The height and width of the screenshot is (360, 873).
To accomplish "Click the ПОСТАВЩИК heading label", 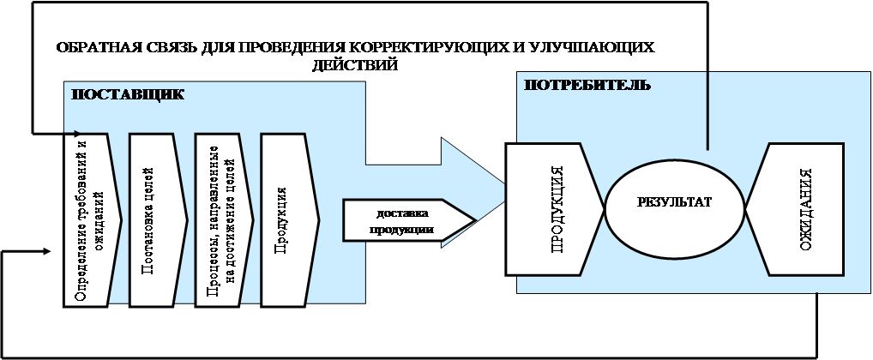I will coord(126,93).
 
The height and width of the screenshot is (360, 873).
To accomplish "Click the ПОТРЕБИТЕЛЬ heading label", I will coord(587,85).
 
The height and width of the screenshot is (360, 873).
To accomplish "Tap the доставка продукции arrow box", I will coord(402,221).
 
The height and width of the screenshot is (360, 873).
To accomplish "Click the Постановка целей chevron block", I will coord(154,219).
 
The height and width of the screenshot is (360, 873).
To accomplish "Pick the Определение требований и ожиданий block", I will coord(89,219).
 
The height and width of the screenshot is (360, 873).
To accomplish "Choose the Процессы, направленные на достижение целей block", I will coord(220,219).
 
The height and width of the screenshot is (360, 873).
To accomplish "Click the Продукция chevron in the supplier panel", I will coord(286,219).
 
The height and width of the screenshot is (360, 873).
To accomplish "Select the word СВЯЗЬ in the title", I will coord(164,48).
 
